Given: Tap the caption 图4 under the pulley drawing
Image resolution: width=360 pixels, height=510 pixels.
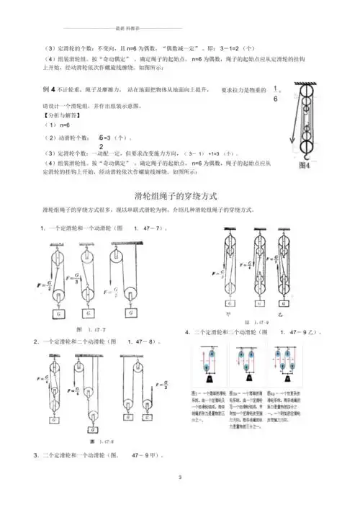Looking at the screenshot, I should pyautogui.click(x=304, y=165).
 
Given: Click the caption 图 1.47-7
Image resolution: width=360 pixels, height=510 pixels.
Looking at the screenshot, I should pyautogui.click(x=87, y=328).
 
